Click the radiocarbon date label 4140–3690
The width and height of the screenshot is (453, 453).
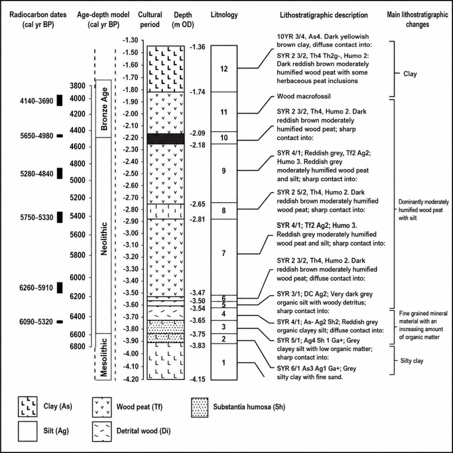tap(37, 101)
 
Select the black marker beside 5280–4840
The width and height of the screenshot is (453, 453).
tap(60, 173)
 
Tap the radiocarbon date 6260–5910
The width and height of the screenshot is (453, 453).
tap(36, 288)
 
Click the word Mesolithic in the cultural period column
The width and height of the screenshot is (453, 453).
tap(104, 357)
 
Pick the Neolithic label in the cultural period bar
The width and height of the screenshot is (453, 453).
tap(104, 238)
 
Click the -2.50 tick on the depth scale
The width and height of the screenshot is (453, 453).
tap(131, 173)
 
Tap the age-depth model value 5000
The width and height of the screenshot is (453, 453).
tap(78, 180)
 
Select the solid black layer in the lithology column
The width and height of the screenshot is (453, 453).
tap(165, 138)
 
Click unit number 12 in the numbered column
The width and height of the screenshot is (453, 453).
tap(224, 69)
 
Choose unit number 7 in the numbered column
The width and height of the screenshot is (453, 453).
tap(223, 253)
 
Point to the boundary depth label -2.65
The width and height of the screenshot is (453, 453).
tap(197, 204)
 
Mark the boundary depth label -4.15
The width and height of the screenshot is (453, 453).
tap(197, 379)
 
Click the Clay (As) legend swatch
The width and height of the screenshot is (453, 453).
tap(28, 407)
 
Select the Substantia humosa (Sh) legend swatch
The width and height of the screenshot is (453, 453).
tap(200, 407)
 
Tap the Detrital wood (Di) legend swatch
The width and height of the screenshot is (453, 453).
tap(102, 432)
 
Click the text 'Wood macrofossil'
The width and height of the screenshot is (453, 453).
tap(303, 96)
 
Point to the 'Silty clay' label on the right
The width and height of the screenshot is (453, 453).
tap(412, 361)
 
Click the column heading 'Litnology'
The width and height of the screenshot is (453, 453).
tap(224, 15)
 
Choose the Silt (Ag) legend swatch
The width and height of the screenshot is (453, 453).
tap(28, 431)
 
